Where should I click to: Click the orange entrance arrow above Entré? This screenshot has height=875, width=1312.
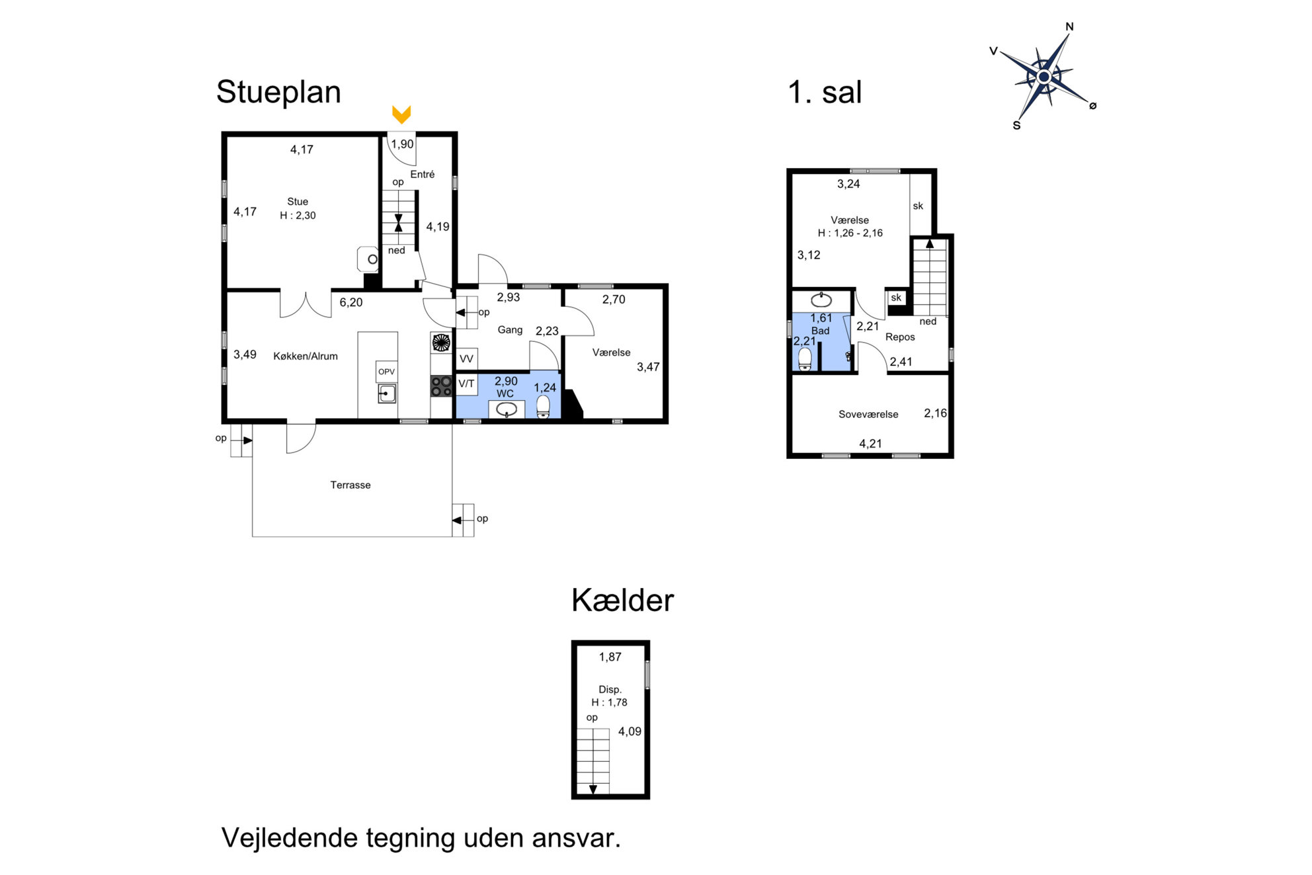click(401, 114)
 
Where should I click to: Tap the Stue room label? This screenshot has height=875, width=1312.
click(298, 202)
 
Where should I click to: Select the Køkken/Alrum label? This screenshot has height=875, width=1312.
click(306, 356)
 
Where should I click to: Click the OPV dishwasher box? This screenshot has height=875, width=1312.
click(386, 372)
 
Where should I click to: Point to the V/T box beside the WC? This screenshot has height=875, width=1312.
click(466, 384)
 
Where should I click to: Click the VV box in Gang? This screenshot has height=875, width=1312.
click(466, 359)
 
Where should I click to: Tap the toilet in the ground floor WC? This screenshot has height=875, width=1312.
click(543, 407)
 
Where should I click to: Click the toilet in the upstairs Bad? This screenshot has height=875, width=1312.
click(805, 359)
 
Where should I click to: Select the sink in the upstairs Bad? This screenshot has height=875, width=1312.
click(821, 300)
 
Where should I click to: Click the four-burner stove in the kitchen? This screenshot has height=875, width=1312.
click(441, 386)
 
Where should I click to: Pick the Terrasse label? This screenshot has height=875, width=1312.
click(350, 485)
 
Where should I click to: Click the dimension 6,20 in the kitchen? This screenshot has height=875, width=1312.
click(351, 302)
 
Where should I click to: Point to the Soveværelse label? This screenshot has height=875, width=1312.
click(868, 414)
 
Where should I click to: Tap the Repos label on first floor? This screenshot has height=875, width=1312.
click(900, 337)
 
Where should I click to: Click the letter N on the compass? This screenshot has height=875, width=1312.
click(1069, 27)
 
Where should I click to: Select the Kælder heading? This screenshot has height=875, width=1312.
click(622, 601)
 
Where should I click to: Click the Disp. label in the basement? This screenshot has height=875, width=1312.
click(610, 689)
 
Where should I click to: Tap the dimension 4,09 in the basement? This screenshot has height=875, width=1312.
click(630, 731)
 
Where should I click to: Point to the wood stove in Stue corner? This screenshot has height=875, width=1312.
click(368, 259)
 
